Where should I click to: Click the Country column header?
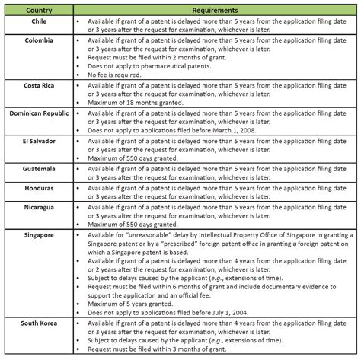(x=38, y=11)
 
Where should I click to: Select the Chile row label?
(x=38, y=22)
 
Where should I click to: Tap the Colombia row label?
(x=38, y=40)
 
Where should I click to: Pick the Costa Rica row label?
(x=38, y=85)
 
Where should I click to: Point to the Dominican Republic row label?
(x=38, y=113)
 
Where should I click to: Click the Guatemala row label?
(x=38, y=167)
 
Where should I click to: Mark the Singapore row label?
(x=38, y=235)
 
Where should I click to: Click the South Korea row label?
(x=38, y=324)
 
